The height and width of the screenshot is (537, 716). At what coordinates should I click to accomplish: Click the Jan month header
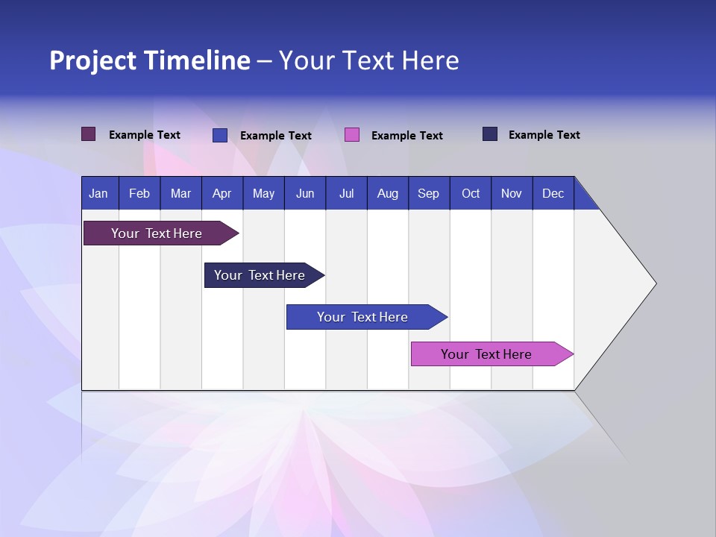pyautogui.click(x=98, y=193)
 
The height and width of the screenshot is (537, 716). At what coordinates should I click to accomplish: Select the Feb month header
pyautogui.click(x=139, y=193)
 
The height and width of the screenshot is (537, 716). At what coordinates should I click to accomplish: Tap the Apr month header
pyautogui.click(x=222, y=193)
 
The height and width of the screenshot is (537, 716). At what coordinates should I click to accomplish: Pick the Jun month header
pyautogui.click(x=305, y=193)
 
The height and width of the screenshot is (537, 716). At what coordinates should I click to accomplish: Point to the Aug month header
pyautogui.click(x=387, y=193)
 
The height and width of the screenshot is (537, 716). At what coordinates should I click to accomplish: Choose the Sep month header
pyautogui.click(x=428, y=193)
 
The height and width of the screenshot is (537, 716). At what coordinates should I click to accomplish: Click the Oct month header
pyautogui.click(x=471, y=193)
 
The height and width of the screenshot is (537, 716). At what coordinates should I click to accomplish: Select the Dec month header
pyautogui.click(x=553, y=193)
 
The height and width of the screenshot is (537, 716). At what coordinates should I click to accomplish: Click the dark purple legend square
pyautogui.click(x=88, y=134)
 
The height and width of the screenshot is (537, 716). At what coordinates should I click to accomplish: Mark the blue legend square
pyautogui.click(x=219, y=135)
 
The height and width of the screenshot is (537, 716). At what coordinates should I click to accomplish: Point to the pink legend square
pyautogui.click(x=352, y=135)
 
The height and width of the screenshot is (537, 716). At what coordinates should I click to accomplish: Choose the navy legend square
pyautogui.click(x=489, y=134)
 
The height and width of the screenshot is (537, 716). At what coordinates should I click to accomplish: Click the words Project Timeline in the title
pyautogui.click(x=150, y=60)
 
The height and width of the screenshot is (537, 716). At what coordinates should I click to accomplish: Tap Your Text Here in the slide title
pyautogui.click(x=368, y=60)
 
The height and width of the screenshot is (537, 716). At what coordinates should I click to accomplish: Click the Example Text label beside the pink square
pyautogui.click(x=406, y=136)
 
